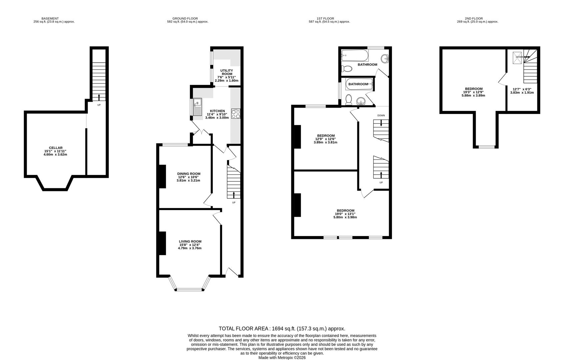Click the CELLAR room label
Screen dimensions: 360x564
pos(55,148)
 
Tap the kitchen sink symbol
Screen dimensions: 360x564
pos(197,107)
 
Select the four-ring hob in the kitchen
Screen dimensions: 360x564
pos(235,114)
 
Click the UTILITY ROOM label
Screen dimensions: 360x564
pos(227,72)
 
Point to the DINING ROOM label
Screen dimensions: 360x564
pos(189,174)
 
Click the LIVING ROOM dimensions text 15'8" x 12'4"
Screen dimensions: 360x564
pos(190,245)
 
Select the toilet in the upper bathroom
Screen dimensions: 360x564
pos(347,69)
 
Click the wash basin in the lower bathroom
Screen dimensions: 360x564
pos(360,101)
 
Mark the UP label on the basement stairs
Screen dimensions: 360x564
pos(99,105)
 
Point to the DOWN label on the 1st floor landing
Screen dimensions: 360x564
pos(381,115)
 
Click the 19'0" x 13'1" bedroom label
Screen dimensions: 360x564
pos(345,214)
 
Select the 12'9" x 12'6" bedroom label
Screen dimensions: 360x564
pos(326,139)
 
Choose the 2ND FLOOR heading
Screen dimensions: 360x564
pos(474,19)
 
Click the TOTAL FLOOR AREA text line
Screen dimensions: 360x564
pos(282,329)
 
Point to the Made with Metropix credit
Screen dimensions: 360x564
pos(282,357)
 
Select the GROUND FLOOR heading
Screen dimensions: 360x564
pos(185,19)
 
